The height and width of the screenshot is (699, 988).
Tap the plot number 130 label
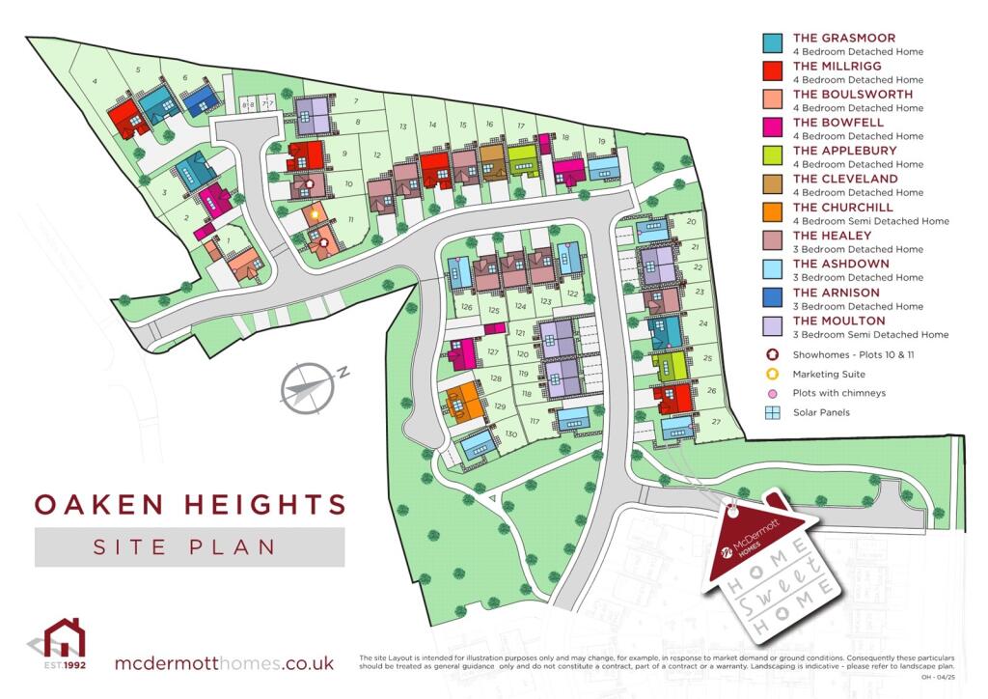[511, 434]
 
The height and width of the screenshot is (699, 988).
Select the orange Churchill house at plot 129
[464, 401]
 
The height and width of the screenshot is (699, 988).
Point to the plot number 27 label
[715, 423]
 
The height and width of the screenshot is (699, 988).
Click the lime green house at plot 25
[669, 364]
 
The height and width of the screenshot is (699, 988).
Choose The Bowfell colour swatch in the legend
[773, 127]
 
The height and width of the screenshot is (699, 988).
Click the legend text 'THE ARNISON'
[836, 293]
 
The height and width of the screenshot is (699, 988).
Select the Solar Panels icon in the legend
[773, 412]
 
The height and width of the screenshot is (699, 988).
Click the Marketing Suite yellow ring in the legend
[773, 374]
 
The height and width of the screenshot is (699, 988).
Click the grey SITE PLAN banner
[189, 546]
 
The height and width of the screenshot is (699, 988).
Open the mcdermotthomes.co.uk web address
[224, 663]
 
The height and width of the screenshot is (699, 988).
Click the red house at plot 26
[672, 397]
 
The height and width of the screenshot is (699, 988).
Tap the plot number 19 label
[601, 142]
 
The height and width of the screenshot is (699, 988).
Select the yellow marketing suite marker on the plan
[315, 211]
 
